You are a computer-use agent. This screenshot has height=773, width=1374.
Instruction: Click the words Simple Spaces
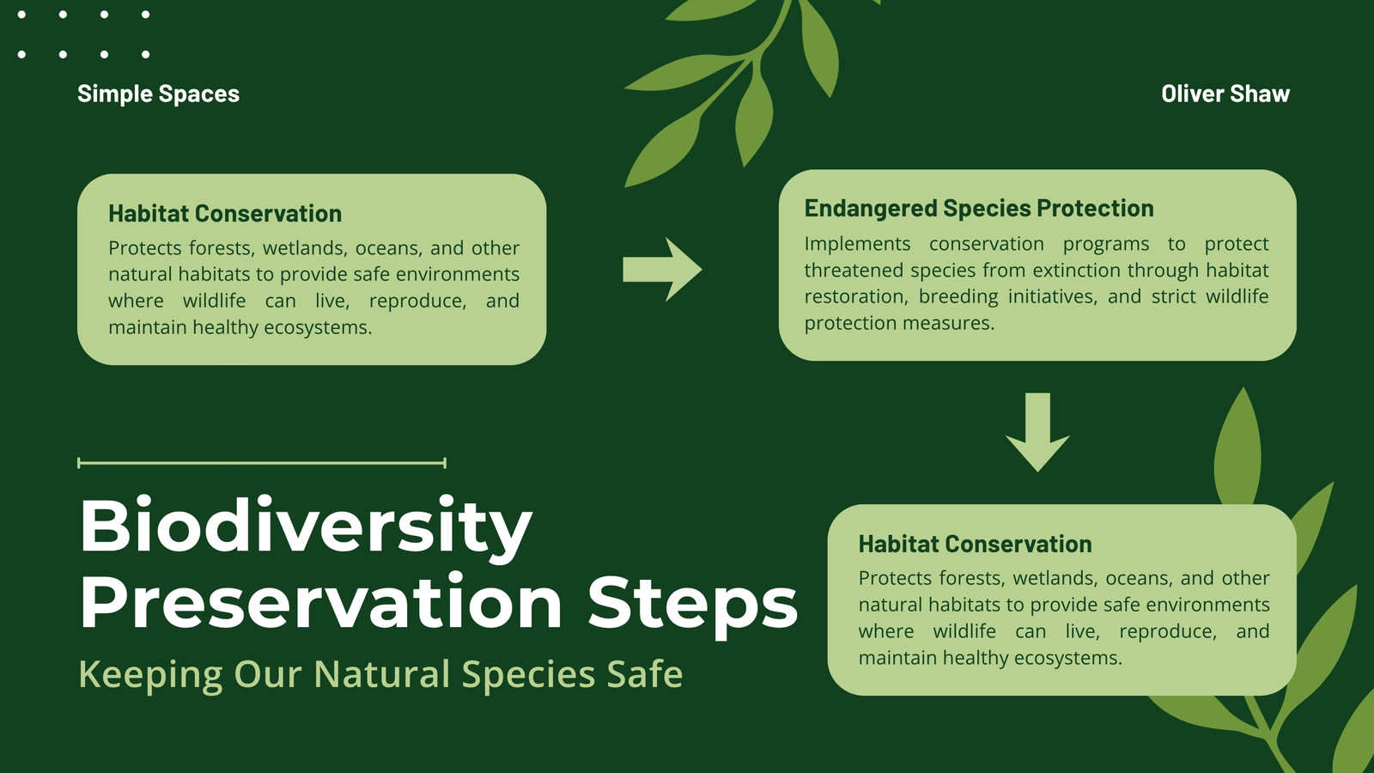[158, 94]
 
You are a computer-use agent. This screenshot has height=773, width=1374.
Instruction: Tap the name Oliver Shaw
[1225, 94]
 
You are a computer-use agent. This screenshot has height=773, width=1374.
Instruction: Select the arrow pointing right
[662, 270]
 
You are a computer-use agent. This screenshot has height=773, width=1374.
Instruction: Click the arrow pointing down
[1038, 432]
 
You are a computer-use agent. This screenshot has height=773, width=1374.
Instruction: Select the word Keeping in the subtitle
[150, 675]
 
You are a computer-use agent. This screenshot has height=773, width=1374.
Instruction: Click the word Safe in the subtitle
[645, 673]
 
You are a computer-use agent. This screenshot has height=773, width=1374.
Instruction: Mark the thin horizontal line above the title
[262, 463]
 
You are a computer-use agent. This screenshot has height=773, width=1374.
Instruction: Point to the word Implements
[858, 245]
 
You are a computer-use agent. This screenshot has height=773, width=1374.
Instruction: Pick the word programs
[1106, 245]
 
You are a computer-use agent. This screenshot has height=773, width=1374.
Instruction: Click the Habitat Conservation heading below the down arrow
[975, 545]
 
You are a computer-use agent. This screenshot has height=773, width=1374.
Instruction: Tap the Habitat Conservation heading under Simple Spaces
[225, 214]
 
